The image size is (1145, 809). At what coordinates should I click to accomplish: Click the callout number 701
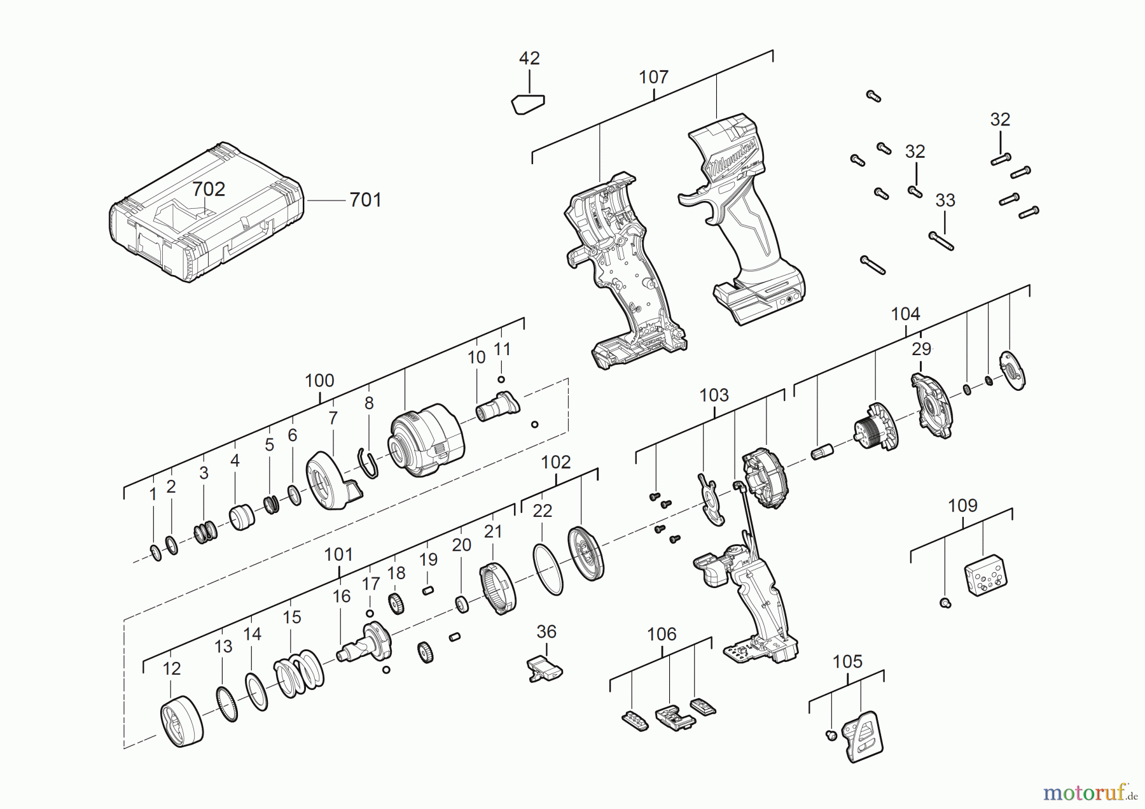click(x=365, y=200)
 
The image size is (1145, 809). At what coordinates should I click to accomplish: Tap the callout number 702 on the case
click(x=209, y=189)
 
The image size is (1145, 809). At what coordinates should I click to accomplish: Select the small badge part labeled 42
click(x=528, y=104)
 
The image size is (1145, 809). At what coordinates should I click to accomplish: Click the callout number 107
click(x=653, y=78)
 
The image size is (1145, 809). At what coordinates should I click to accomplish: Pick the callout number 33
click(x=945, y=200)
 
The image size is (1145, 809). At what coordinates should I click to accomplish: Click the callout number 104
click(x=905, y=314)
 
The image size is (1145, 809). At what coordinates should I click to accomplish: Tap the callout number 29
click(x=921, y=349)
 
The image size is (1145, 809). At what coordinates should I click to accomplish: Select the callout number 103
click(x=714, y=395)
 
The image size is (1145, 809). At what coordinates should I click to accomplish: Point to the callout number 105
click(x=847, y=662)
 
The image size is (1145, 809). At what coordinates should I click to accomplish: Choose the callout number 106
click(x=662, y=635)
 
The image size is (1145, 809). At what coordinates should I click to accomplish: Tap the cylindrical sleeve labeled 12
click(x=182, y=721)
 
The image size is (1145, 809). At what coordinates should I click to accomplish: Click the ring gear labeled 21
click(x=497, y=589)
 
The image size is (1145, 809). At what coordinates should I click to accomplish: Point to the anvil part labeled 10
click(x=497, y=406)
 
